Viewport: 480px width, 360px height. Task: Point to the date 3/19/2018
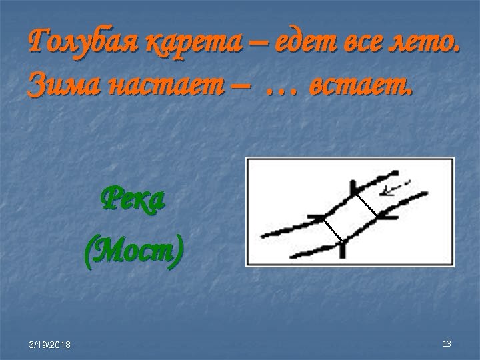51,344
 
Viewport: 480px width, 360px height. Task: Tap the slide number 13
447,343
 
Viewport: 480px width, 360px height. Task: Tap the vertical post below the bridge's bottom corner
342,249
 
